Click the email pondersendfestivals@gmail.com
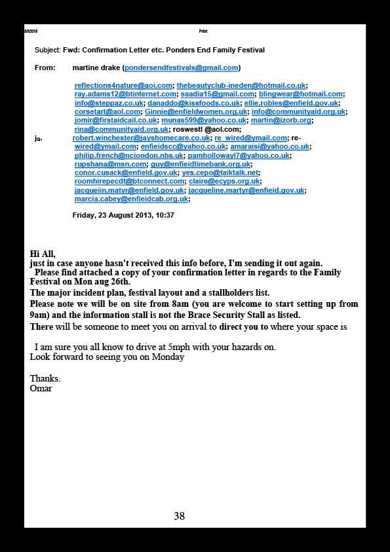pos(182,68)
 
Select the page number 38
pos(179,516)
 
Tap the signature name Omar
pos(41,388)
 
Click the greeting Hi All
pos(43,254)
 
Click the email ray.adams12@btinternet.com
pos(125,94)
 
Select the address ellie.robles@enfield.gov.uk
pos(291,103)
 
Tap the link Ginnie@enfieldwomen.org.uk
pos(196,111)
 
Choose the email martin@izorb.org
pos(281,121)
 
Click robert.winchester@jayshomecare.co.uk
pos(141,138)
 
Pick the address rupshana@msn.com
pos(111,164)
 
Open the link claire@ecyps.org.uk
pos(224,182)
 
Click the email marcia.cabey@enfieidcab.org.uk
pos(131,199)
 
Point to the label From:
pos(45,68)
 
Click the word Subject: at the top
pos(48,50)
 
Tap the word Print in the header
pos(203,31)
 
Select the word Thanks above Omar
pos(45,378)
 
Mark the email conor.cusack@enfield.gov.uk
pos(126,172)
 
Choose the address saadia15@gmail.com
pos(218,94)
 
